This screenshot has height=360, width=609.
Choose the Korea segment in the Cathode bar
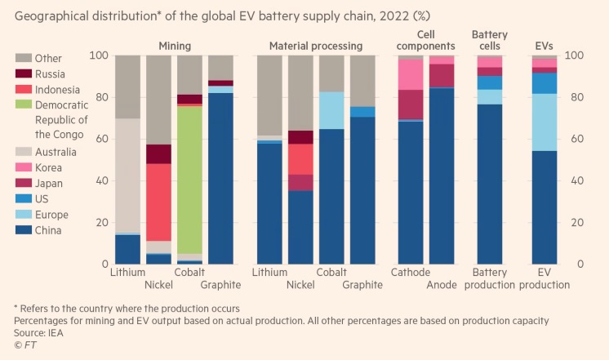[x=411, y=74]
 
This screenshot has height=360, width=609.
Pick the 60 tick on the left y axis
[x=100, y=139]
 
